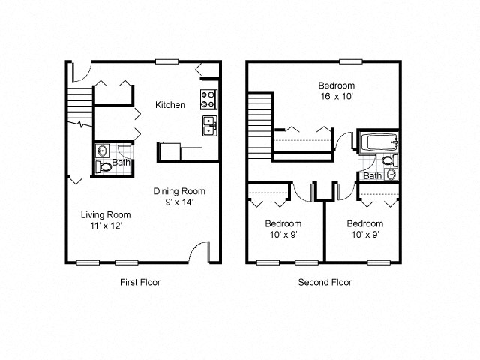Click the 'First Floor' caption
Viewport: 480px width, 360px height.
coord(140,282)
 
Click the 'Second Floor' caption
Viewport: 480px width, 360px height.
coord(325,282)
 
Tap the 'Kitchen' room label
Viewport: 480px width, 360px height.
coord(170,105)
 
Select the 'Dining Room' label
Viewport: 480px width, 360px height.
coord(179,191)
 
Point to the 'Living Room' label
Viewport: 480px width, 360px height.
coord(101,214)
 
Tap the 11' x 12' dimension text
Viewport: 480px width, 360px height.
coord(101,225)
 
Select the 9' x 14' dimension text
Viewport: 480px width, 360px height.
coord(179,202)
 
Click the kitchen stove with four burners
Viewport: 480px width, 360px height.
coord(208,97)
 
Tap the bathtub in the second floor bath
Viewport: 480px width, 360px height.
coord(374,142)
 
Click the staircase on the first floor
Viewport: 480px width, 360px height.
coord(78,101)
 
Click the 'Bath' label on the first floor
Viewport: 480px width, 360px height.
coord(120,161)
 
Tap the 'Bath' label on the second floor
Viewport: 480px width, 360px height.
coord(372,176)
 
